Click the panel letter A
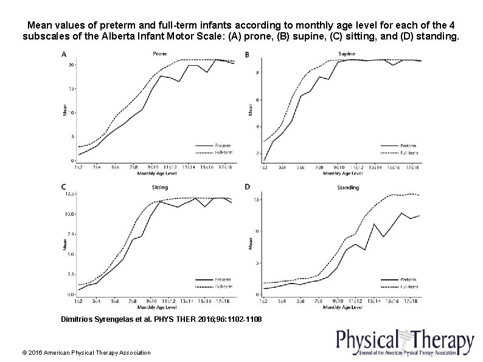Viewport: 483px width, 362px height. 64,55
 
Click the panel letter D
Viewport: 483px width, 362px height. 247,186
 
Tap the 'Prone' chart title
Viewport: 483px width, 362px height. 160,54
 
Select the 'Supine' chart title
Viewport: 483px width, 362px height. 346,54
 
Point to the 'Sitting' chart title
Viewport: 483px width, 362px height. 160,187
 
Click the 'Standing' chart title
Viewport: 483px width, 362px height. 348,187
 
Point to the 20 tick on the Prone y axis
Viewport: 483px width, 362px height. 72,64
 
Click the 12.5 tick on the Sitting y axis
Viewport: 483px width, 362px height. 70,194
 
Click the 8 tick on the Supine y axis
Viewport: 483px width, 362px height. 257,72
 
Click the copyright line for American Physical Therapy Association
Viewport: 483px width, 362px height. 86,353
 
